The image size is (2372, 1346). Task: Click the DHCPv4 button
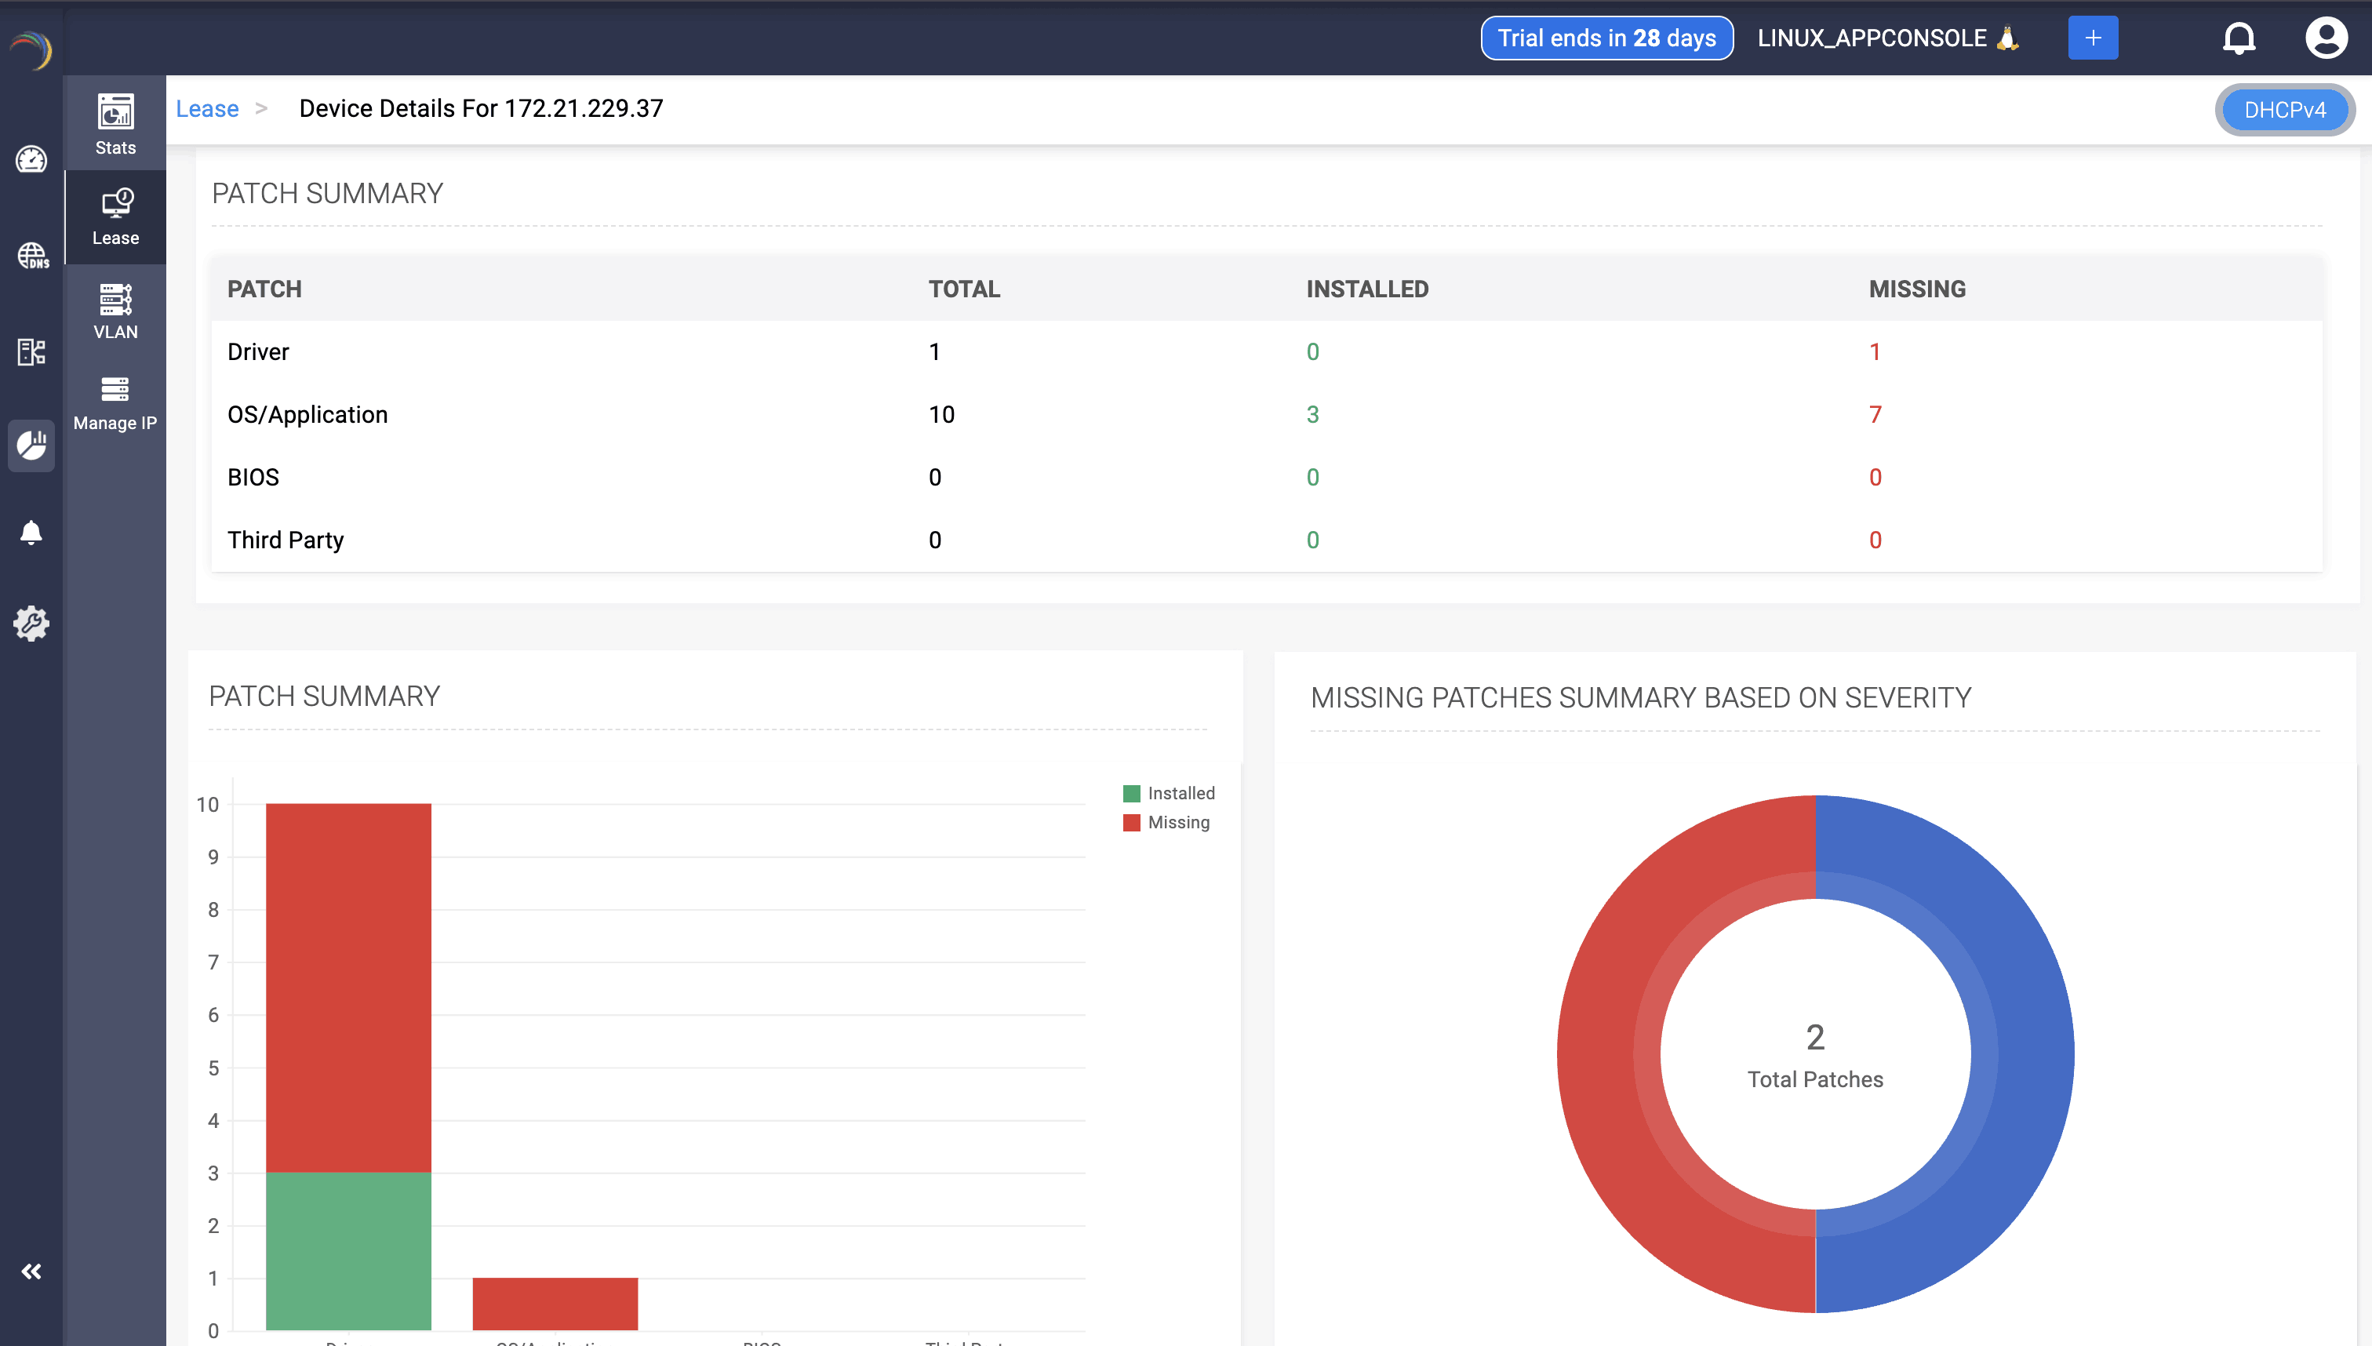[2283, 110]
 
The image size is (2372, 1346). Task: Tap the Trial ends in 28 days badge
[1606, 38]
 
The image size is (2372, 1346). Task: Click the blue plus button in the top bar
[2092, 38]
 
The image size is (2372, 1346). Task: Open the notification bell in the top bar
[2238, 38]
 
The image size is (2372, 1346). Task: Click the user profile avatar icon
[2325, 38]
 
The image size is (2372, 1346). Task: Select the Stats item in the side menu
[115, 124]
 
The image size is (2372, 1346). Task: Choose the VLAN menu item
[115, 311]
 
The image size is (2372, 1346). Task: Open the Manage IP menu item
[115, 403]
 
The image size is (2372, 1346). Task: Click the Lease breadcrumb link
[207, 109]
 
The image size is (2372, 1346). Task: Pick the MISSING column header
[1916, 289]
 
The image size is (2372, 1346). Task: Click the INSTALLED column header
[1366, 289]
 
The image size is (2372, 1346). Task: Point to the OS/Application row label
[307, 414]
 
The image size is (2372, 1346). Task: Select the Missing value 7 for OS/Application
[1875, 414]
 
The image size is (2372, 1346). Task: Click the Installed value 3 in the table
[1312, 414]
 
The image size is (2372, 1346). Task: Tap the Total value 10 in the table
[941, 414]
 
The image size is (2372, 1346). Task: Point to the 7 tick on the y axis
[213, 962]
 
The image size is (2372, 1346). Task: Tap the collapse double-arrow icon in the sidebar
[31, 1271]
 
